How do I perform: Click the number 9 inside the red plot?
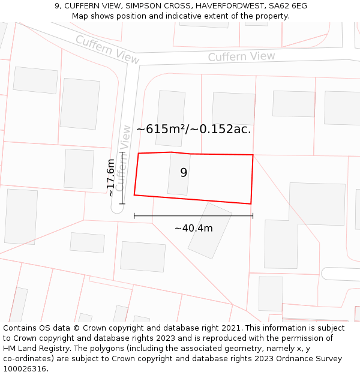coord(184,173)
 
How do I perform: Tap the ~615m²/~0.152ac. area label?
coord(193,129)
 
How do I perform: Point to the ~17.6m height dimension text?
coord(110,178)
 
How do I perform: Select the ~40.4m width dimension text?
coord(193,228)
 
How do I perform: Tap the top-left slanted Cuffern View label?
coord(107,49)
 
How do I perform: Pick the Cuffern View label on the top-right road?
coord(241,56)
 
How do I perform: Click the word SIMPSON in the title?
coord(142,5)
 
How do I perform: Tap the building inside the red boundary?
coord(179,174)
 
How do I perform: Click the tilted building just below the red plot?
coord(209,230)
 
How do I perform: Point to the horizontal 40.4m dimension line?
coord(193,215)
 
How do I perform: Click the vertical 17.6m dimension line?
coord(122,178)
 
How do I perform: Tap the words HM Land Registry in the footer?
coord(31,349)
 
